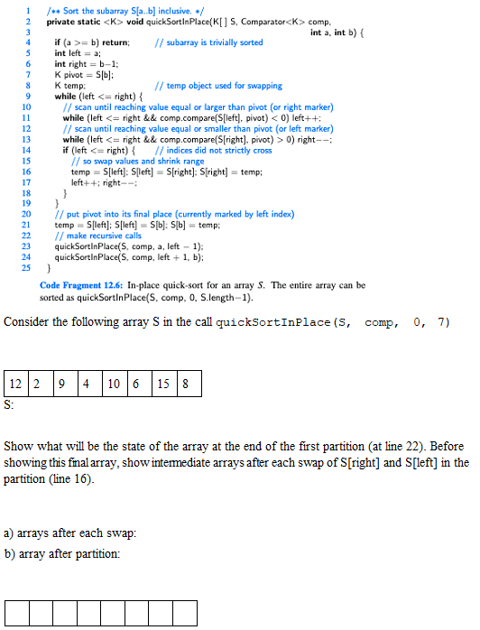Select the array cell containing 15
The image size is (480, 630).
[162, 384]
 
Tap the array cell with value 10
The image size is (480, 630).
[112, 384]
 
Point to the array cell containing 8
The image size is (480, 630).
[187, 384]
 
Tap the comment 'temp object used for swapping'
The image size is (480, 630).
[218, 86]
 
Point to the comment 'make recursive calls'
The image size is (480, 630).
[98, 236]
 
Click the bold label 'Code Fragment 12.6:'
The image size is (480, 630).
[82, 285]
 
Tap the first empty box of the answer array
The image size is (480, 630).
[16, 614]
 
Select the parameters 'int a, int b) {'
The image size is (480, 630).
[343, 32]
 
